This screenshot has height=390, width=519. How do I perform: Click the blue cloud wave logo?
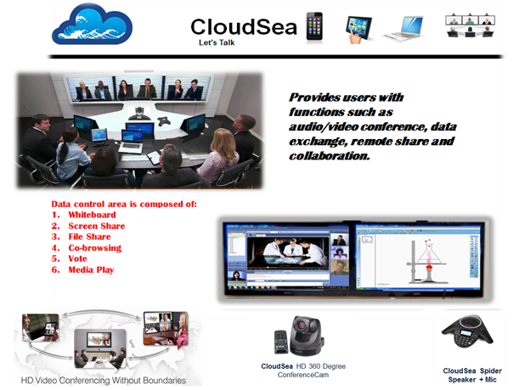92,25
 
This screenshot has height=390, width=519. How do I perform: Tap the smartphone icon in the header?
314,26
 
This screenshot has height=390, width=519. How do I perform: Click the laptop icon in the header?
403,29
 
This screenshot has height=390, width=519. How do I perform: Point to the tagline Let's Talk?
217,42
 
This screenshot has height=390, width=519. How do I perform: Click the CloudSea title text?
244,27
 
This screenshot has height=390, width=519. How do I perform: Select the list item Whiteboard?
92,214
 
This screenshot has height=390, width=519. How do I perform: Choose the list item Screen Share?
97,226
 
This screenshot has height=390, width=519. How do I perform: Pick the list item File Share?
89,237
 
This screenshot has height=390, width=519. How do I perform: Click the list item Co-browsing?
94,248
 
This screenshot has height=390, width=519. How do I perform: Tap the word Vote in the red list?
77,259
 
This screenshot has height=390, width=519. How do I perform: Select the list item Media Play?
91,270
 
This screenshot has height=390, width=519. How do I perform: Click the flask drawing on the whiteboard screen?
429,255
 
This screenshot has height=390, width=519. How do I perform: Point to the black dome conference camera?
306,335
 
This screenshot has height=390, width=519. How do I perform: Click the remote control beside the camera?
280,342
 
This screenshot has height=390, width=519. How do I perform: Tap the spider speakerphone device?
467,331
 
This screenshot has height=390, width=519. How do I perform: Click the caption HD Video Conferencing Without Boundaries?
104,381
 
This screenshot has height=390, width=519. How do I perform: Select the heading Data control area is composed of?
124,204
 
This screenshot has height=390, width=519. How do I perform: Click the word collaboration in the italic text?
330,156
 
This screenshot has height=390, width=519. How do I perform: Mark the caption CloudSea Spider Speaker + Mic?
472,375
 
